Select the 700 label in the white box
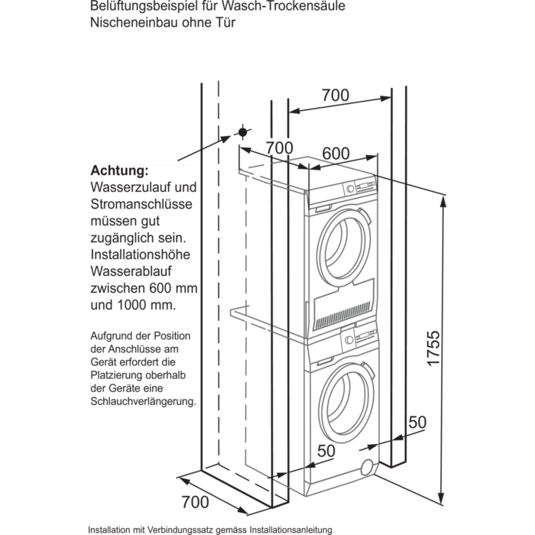point(279,147)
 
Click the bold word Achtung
point(119,170)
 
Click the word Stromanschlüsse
point(141,204)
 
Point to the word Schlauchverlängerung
point(143,400)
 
